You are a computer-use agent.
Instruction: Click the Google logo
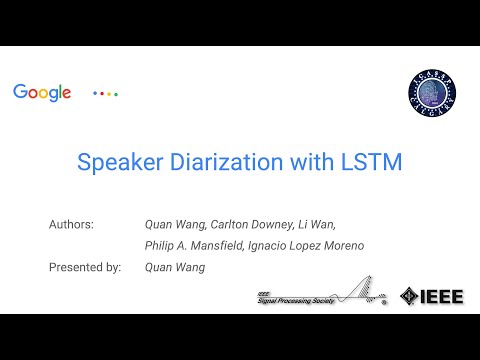[42, 92]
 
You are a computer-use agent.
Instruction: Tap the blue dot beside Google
[95, 93]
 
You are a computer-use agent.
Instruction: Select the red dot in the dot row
[102, 93]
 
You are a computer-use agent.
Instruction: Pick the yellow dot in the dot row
[109, 93]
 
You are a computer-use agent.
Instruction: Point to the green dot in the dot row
[116, 93]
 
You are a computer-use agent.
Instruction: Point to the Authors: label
[71, 224]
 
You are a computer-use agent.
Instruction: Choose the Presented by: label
[85, 267]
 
